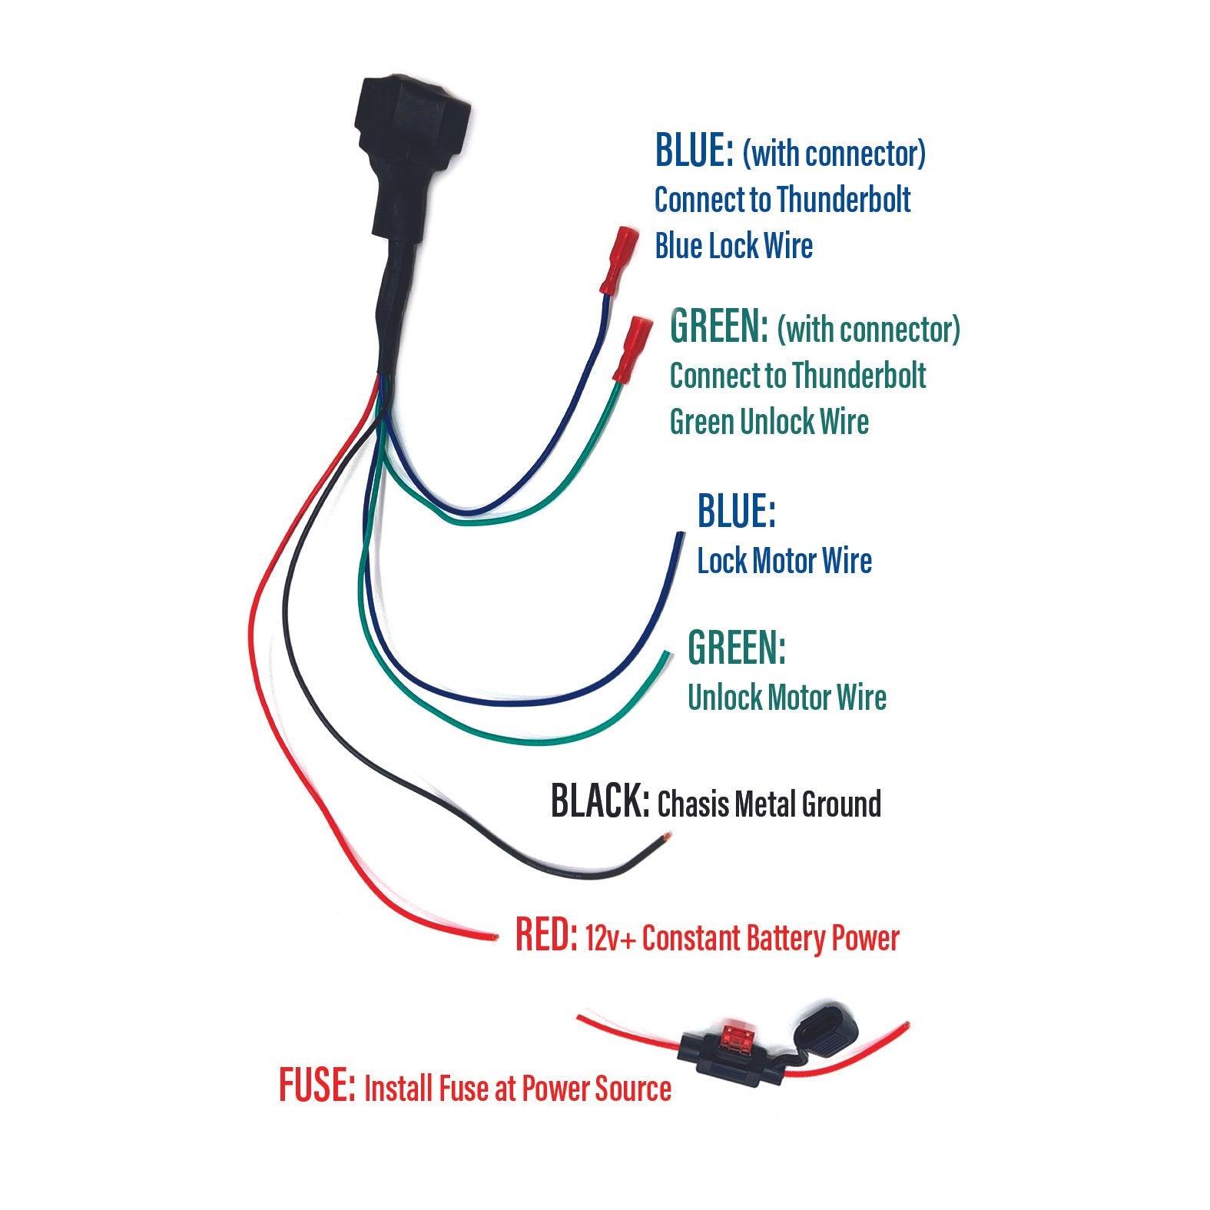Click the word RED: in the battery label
546,937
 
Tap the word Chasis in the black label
692,804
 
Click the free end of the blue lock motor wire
679,535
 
